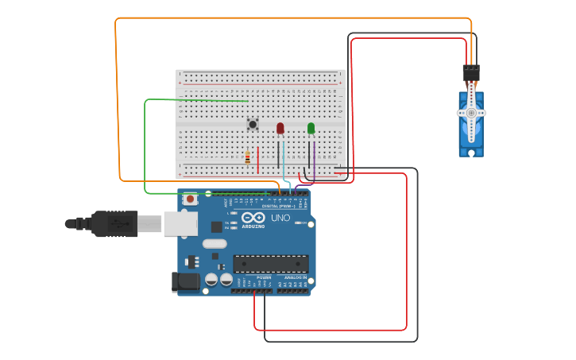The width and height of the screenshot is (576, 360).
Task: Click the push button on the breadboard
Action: (253, 123)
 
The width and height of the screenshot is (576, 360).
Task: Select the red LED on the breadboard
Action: (280, 128)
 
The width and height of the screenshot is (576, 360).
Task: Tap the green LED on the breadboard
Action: (311, 128)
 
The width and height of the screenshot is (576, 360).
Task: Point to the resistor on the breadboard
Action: (249, 157)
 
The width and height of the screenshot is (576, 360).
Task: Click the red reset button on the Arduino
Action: (191, 199)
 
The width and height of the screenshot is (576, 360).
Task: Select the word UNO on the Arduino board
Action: (280, 218)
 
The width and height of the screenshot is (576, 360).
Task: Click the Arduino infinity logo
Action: (254, 217)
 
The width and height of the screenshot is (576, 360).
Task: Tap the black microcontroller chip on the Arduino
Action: (271, 263)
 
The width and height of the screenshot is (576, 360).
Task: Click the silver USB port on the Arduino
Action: (180, 224)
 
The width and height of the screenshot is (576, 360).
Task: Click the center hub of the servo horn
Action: (471, 114)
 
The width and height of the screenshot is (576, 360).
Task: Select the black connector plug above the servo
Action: (471, 72)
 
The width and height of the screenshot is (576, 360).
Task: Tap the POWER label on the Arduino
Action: (264, 277)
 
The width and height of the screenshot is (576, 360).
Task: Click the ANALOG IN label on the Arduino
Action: (296, 277)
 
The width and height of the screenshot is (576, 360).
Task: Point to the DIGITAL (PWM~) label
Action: (278, 206)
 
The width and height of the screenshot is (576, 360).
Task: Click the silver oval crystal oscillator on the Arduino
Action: (215, 244)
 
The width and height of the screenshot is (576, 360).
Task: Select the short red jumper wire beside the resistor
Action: (258, 159)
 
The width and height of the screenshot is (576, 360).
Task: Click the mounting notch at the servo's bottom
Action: (471, 152)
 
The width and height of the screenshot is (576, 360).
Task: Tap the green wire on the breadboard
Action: (207, 100)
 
